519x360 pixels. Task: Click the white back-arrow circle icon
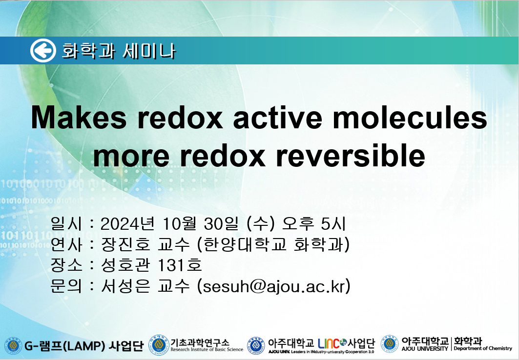click(43, 51)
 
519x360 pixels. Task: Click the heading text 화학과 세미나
click(119, 51)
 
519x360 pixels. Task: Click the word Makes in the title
click(79, 118)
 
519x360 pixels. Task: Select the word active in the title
click(277, 118)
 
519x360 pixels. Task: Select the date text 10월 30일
click(200, 224)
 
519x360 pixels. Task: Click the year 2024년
click(127, 224)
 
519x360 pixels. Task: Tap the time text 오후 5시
click(313, 224)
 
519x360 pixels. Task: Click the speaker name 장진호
click(126, 244)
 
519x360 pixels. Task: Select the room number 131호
click(180, 265)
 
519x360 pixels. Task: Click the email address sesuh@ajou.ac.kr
click(274, 286)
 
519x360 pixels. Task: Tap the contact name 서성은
click(126, 286)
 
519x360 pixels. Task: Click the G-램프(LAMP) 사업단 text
click(84, 346)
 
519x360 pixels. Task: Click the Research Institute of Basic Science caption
click(207, 349)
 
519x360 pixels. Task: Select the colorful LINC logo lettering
click(332, 343)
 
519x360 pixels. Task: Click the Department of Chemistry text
click(483, 348)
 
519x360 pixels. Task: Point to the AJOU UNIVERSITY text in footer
click(425, 348)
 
